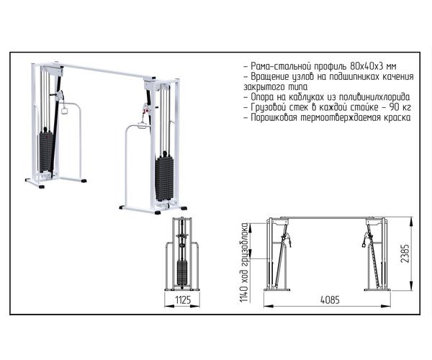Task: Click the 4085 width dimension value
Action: pyautogui.click(x=330, y=300)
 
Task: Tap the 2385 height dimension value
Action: pyautogui.click(x=405, y=253)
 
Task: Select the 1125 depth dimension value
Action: pyautogui.click(x=183, y=300)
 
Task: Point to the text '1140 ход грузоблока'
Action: pyautogui.click(x=244, y=263)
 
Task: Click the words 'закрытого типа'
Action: pyautogui.click(x=275, y=87)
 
